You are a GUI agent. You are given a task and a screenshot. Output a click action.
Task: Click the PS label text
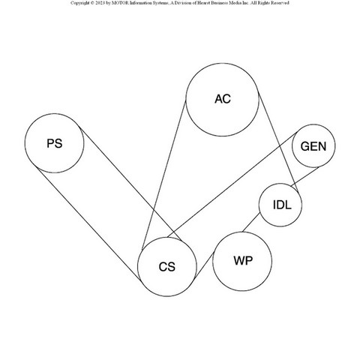(x=55, y=143)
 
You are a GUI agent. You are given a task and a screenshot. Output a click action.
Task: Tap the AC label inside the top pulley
(x=223, y=99)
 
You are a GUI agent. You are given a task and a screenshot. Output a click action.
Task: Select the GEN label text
(x=313, y=146)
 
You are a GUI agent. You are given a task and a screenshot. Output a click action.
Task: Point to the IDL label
(x=282, y=205)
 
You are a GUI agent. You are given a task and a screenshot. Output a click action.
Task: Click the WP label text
(x=243, y=260)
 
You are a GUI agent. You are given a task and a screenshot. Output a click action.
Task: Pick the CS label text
(x=167, y=267)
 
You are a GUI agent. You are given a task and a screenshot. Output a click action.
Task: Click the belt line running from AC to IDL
(x=278, y=143)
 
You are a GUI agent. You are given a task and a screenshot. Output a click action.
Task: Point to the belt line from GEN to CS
(x=232, y=184)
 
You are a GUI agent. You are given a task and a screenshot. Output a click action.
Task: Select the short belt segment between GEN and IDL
(x=304, y=177)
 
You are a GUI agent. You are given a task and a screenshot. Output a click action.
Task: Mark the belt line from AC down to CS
(x=163, y=175)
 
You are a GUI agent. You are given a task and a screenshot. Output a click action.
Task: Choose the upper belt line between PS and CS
(x=130, y=184)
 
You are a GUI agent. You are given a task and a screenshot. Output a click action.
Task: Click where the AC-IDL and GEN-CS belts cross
(x=280, y=145)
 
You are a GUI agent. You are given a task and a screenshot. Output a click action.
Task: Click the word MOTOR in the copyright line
(x=120, y=3)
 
